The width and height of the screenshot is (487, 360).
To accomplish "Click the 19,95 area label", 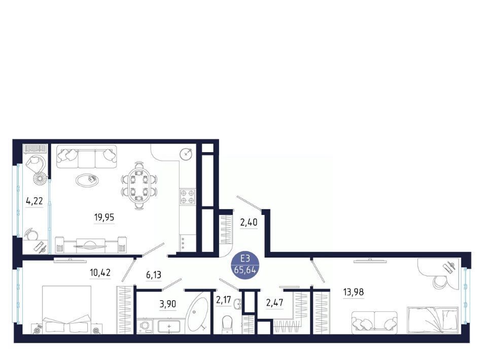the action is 104,217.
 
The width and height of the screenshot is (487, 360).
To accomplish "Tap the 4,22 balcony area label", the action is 34,201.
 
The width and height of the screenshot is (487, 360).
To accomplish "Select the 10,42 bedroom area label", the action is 100,273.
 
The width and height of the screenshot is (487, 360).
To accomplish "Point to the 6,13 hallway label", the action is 154,275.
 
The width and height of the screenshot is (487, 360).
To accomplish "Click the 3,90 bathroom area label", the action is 168,304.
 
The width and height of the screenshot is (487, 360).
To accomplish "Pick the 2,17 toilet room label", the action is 224,300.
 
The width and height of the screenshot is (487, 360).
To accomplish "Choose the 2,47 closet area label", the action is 275,303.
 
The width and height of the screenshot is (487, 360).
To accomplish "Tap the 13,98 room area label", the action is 354,292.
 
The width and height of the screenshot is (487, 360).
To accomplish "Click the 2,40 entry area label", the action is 249,222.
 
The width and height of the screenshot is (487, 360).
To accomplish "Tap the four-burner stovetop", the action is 188,196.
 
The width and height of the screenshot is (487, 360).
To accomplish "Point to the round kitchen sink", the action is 186,154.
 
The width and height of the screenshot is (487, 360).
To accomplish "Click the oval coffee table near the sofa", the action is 87,179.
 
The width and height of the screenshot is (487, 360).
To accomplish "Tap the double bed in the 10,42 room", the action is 67,310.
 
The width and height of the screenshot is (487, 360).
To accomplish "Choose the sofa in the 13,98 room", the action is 374,323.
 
